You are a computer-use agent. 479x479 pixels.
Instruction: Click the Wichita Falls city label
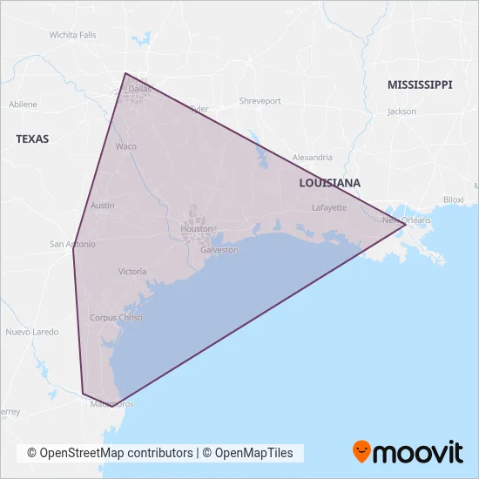click(73, 35)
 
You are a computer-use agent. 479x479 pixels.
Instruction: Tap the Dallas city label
click(139, 89)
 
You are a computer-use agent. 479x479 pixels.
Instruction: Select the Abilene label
click(23, 105)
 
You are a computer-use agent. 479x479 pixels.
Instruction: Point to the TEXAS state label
click(32, 138)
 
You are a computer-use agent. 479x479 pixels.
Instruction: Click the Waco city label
click(126, 146)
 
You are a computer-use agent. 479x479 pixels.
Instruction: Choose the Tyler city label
click(199, 110)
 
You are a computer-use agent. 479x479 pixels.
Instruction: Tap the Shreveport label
click(260, 101)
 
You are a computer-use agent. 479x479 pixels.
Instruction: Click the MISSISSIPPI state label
click(421, 84)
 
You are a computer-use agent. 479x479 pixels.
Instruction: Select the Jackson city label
click(402, 111)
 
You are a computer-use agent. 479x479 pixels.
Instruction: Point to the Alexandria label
click(312, 158)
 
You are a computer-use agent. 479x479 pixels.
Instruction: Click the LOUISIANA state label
click(329, 183)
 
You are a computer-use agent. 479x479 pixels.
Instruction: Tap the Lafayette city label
click(330, 208)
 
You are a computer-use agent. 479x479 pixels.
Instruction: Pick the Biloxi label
click(454, 199)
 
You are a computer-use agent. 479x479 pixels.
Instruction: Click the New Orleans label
click(407, 220)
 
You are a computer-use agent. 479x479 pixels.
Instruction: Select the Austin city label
click(103, 206)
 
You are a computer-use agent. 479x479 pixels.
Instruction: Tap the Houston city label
click(196, 229)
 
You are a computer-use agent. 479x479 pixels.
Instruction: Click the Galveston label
click(219, 250)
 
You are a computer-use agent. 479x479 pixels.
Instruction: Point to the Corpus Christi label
click(116, 318)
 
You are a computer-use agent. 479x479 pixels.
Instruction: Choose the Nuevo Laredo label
click(32, 332)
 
